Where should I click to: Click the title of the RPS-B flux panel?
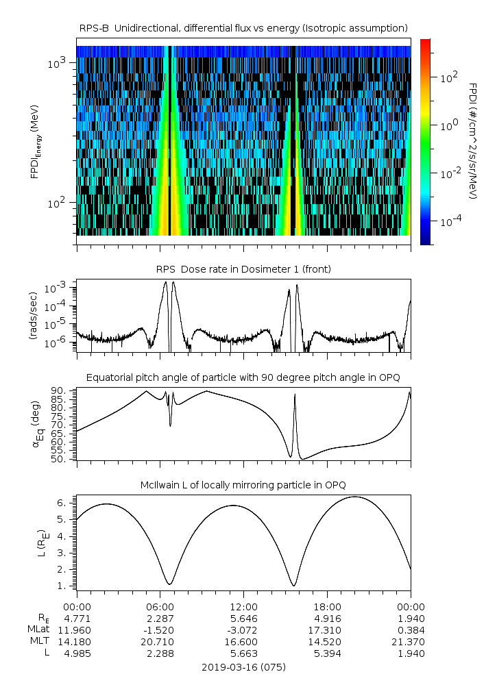tap(243, 27)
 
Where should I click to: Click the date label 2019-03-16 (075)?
tap(243, 666)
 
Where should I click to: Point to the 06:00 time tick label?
tap(160, 607)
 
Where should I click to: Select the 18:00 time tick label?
tap(327, 607)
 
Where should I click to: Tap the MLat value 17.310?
tap(327, 630)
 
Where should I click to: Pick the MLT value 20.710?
tap(160, 642)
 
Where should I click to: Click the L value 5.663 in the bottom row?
tap(243, 653)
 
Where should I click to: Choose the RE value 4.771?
tap(77, 619)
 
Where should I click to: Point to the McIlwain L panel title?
tap(243, 485)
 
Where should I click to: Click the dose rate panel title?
tap(243, 269)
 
